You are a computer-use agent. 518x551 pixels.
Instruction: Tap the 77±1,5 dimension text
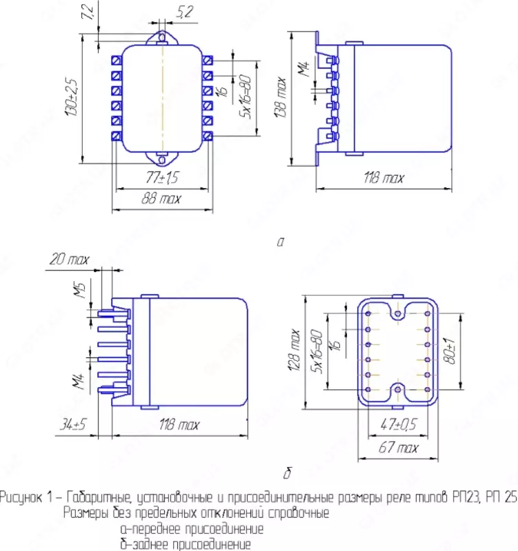[161, 178]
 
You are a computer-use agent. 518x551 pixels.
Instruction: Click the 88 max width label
[161, 199]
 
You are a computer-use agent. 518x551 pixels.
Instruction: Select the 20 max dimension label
[68, 260]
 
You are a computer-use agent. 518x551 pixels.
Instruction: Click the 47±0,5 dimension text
[399, 425]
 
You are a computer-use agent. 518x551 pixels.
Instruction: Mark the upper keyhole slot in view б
[398, 313]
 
